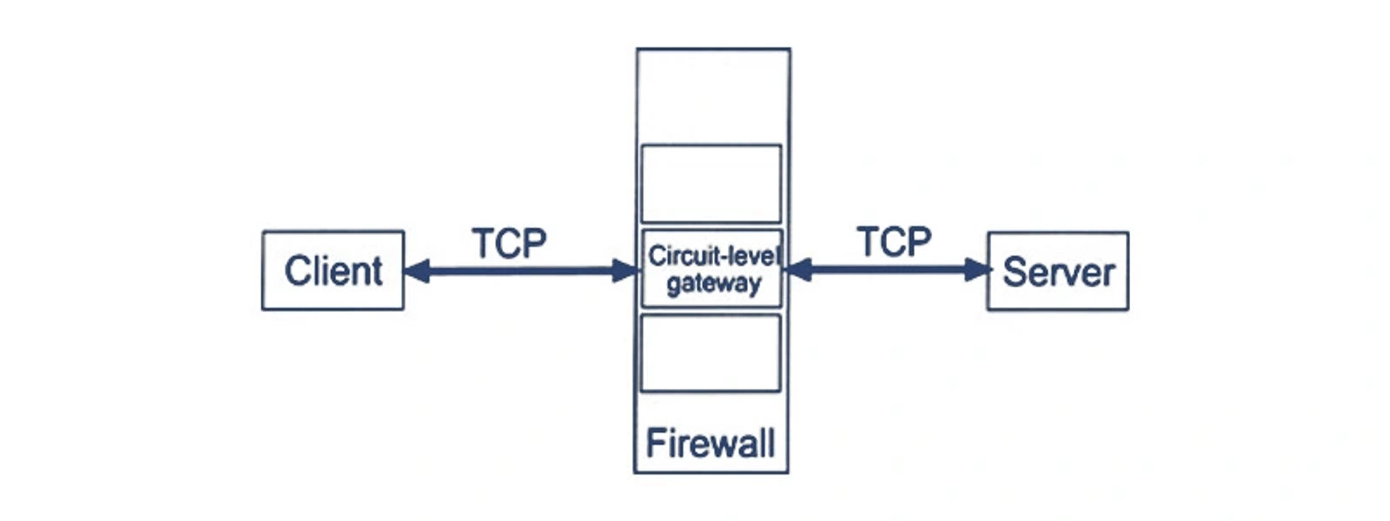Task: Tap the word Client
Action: (x=333, y=271)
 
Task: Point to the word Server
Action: (x=1058, y=273)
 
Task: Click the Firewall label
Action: (x=710, y=443)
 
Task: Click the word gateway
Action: (x=714, y=284)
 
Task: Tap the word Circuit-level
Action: (x=714, y=255)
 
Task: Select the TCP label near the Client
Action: (x=509, y=243)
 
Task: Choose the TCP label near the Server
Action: (x=894, y=242)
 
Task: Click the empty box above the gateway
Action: (x=711, y=184)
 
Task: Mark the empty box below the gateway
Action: (x=710, y=353)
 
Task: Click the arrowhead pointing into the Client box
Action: (x=417, y=271)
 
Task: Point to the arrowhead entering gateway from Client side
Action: (x=625, y=271)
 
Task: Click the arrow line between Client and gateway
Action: (x=521, y=271)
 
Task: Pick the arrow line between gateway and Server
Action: (x=888, y=270)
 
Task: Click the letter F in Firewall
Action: (x=654, y=443)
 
